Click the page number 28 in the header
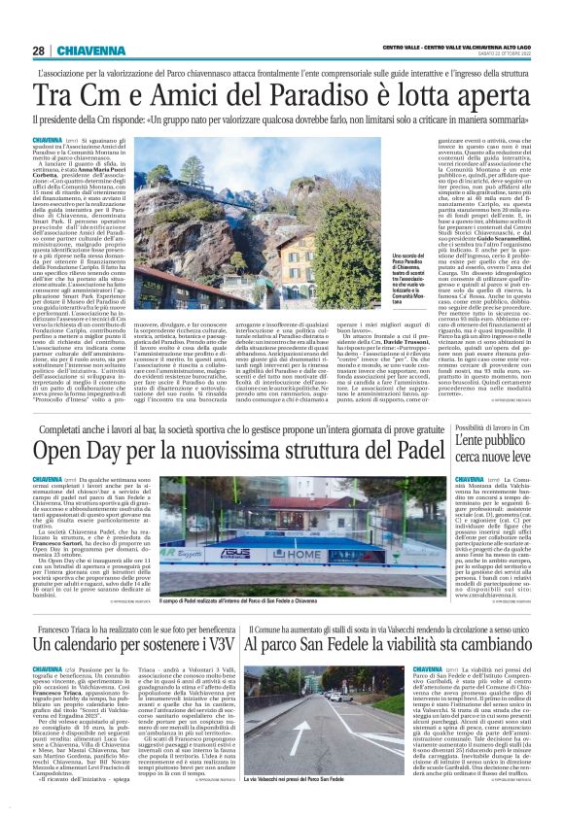(x=38, y=51)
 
